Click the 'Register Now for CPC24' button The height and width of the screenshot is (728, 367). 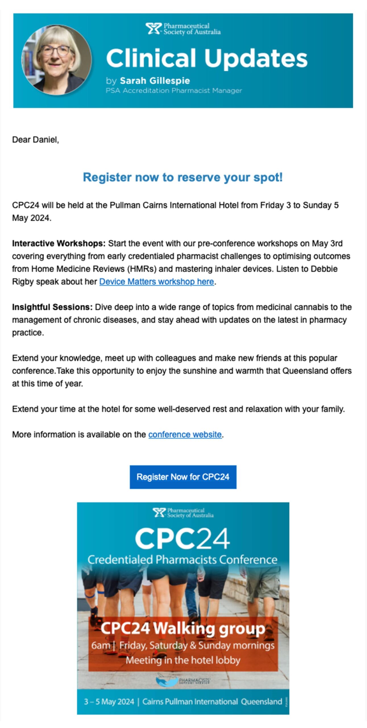[183, 477]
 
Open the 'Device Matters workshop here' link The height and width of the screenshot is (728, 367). [156, 282]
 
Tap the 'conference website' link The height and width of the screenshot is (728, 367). [185, 434]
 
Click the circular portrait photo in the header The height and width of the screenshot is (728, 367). [57, 59]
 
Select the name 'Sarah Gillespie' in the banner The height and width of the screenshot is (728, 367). [155, 80]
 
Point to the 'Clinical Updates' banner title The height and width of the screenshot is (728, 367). [207, 58]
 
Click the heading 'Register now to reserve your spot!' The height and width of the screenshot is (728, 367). [183, 177]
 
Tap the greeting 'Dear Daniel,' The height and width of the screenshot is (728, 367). [36, 140]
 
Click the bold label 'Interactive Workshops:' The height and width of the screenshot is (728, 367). [59, 243]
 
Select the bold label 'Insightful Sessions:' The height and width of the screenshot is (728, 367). [52, 307]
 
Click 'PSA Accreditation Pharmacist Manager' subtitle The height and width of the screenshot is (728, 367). [174, 90]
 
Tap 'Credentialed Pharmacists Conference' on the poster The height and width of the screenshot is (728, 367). [182, 559]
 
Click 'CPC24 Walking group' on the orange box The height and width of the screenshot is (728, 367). [183, 628]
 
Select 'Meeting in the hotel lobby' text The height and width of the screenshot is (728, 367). [183, 660]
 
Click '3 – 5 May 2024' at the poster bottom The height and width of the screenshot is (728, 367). [109, 702]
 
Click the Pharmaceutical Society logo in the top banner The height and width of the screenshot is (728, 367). [183, 29]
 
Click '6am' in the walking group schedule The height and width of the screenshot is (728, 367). [100, 645]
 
